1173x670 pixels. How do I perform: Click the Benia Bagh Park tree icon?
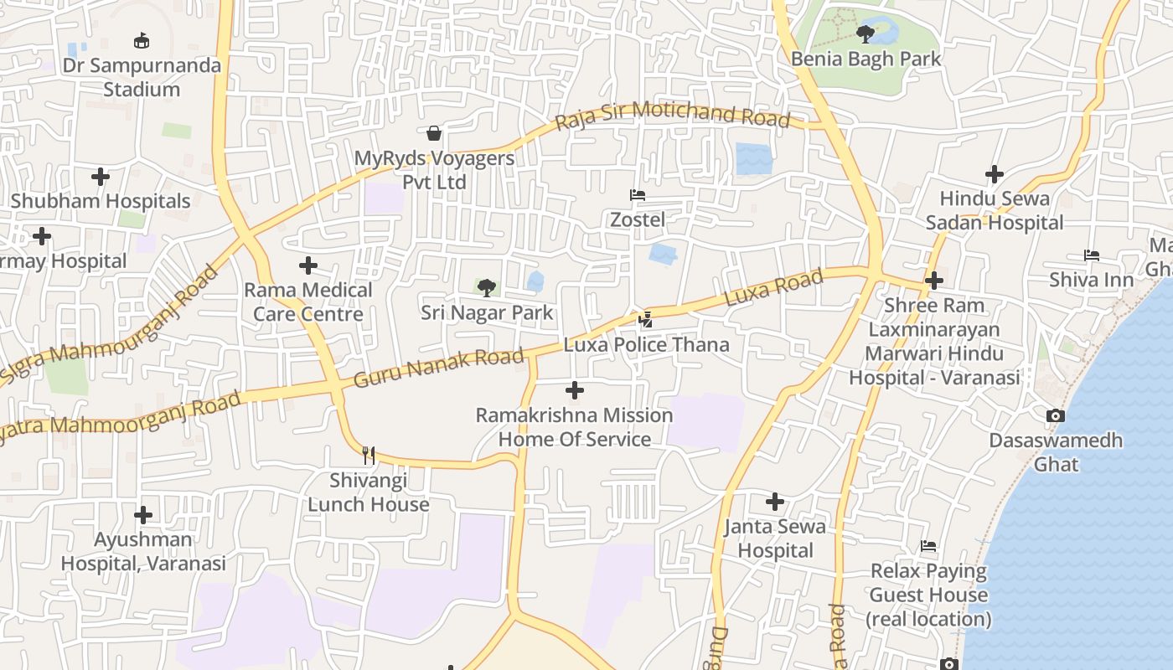(x=866, y=34)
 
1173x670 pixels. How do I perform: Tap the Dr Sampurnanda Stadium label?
(x=142, y=77)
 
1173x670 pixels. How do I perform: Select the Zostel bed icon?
(x=638, y=195)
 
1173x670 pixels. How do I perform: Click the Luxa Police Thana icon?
(x=645, y=319)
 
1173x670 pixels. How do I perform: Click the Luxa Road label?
(x=773, y=287)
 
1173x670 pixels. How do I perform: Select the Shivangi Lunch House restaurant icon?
(x=369, y=455)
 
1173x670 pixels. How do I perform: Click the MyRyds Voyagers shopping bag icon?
(x=434, y=133)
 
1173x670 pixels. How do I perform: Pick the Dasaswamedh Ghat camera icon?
(x=1056, y=415)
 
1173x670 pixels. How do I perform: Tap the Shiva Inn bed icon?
(x=1091, y=255)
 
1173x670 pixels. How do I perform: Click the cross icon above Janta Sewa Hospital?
(x=775, y=502)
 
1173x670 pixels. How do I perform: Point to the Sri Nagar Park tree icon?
(x=486, y=288)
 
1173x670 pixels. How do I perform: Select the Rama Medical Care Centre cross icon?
(x=308, y=265)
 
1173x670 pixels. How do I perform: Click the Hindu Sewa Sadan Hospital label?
(x=995, y=210)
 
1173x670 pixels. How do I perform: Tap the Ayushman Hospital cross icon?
(x=143, y=514)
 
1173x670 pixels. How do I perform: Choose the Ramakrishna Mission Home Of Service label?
(x=575, y=427)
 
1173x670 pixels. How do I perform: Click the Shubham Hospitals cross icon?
(x=101, y=177)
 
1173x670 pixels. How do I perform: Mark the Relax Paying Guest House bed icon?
(x=928, y=547)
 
